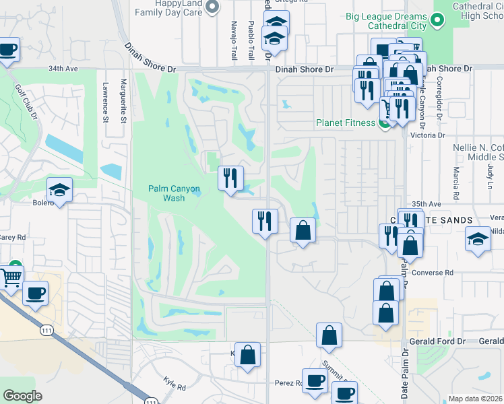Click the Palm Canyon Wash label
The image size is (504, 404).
(175, 194)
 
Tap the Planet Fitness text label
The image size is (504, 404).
(346, 123)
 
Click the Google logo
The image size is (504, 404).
(22, 396)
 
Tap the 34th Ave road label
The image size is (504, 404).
(62, 69)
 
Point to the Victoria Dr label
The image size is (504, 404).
(431, 135)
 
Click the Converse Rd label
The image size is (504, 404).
(439, 273)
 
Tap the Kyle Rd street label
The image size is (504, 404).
(174, 384)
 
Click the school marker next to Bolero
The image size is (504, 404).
(59, 191)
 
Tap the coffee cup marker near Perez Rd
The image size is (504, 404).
(315, 381)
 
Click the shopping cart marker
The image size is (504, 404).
(11, 277)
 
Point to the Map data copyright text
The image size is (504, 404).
(476, 399)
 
